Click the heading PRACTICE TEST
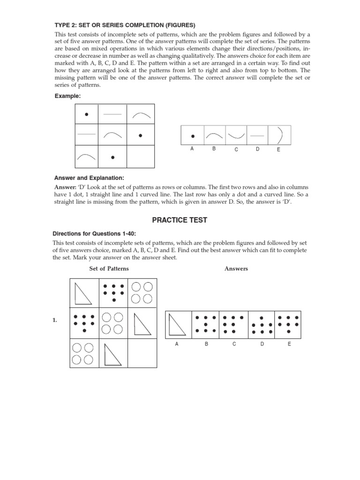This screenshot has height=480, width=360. click(x=180, y=220)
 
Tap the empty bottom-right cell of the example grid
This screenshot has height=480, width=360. click(x=140, y=157)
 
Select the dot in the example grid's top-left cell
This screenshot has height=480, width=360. click(x=86, y=114)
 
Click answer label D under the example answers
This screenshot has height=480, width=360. click(x=258, y=149)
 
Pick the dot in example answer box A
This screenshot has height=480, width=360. click(x=193, y=136)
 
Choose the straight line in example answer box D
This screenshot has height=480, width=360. click(x=257, y=136)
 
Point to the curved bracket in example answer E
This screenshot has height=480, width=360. click(x=280, y=135)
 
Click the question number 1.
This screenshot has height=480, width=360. click(x=55, y=320)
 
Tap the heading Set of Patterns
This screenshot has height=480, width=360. click(x=109, y=269)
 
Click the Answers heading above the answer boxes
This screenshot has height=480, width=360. click(x=236, y=269)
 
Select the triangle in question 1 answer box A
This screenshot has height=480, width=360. click(x=177, y=325)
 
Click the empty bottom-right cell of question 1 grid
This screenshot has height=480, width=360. click(x=142, y=353)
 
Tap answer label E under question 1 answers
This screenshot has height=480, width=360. click(x=289, y=344)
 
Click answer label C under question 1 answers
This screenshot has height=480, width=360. click(x=234, y=344)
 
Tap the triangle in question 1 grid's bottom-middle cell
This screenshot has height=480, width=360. click(x=112, y=354)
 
